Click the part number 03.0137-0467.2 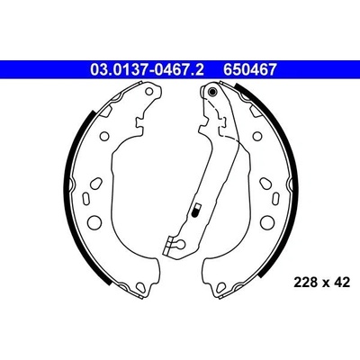147,70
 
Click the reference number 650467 249,70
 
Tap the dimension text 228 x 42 322,283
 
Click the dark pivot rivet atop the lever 212,92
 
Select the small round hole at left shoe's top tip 148,91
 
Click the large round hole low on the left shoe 95,222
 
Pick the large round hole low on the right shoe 267,222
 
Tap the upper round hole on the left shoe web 104,136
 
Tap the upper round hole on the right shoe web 257,136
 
